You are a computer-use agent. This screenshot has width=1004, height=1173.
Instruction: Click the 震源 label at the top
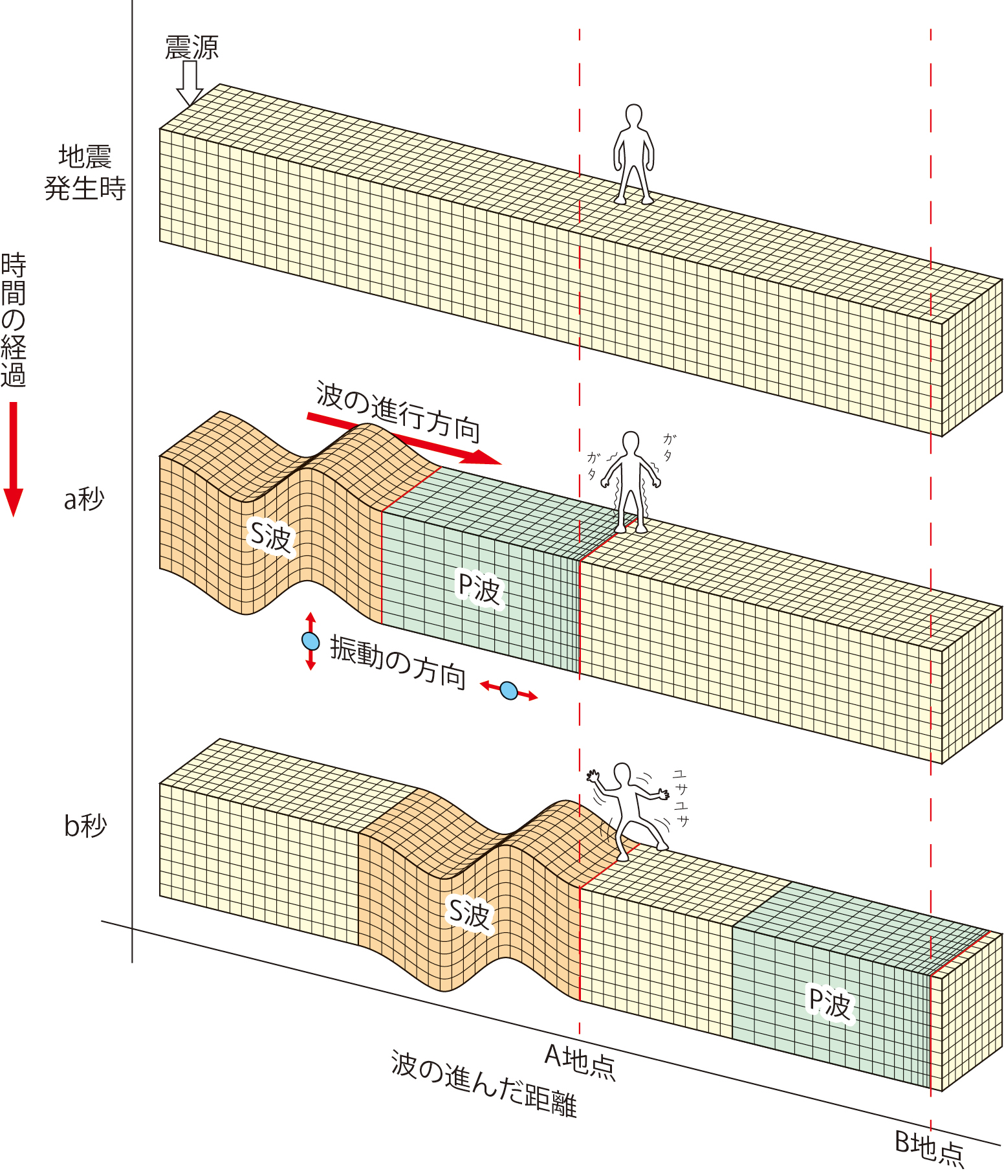click(192, 48)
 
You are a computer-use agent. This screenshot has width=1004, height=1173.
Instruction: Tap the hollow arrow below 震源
click(190, 84)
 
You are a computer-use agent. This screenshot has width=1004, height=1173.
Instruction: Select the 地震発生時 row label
click(85, 173)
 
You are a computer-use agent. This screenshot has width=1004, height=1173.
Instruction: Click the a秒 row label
click(84, 499)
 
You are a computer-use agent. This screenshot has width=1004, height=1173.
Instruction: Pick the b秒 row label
click(85, 826)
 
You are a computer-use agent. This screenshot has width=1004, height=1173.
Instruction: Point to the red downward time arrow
click(13, 459)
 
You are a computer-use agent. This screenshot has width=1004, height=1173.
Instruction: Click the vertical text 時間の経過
click(14, 320)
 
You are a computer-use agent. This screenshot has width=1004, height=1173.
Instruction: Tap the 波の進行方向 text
click(397, 410)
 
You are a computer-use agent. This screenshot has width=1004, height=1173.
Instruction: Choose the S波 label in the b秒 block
click(470, 914)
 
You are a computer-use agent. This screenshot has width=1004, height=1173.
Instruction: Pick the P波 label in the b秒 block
click(831, 1003)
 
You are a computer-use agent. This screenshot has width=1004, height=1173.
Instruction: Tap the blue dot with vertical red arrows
click(311, 641)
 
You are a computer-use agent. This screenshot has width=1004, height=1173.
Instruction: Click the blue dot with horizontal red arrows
click(509, 691)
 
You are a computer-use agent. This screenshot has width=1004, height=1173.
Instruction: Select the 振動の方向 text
click(398, 662)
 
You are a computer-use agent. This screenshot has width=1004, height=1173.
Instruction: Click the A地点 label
click(580, 1062)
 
